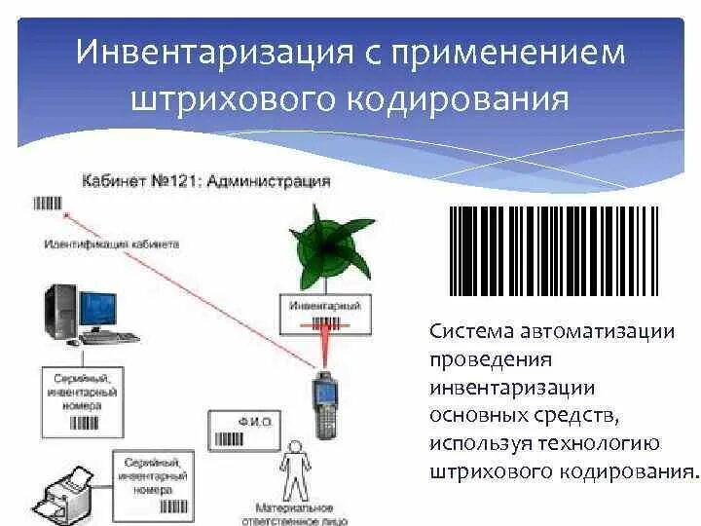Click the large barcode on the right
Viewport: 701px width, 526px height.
(x=553, y=251)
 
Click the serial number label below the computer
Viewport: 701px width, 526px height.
(x=80, y=399)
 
